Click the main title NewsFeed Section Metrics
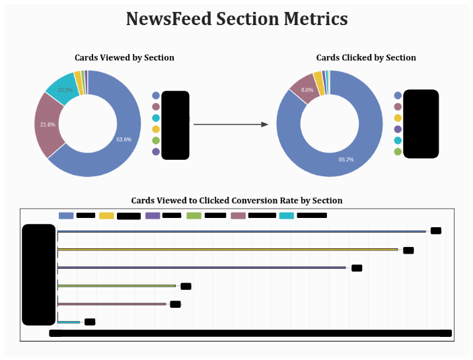236,19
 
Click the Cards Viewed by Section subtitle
124,57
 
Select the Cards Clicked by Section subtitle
366,57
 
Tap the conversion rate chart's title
236,200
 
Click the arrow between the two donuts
231,124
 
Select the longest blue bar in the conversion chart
242,231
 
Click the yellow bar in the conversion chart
228,250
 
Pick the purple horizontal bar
201,268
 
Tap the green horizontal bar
117,285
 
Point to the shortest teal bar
69,322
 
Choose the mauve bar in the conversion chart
112,304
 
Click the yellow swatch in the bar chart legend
106,215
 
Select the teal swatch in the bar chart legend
287,215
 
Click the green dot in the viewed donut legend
156,140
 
